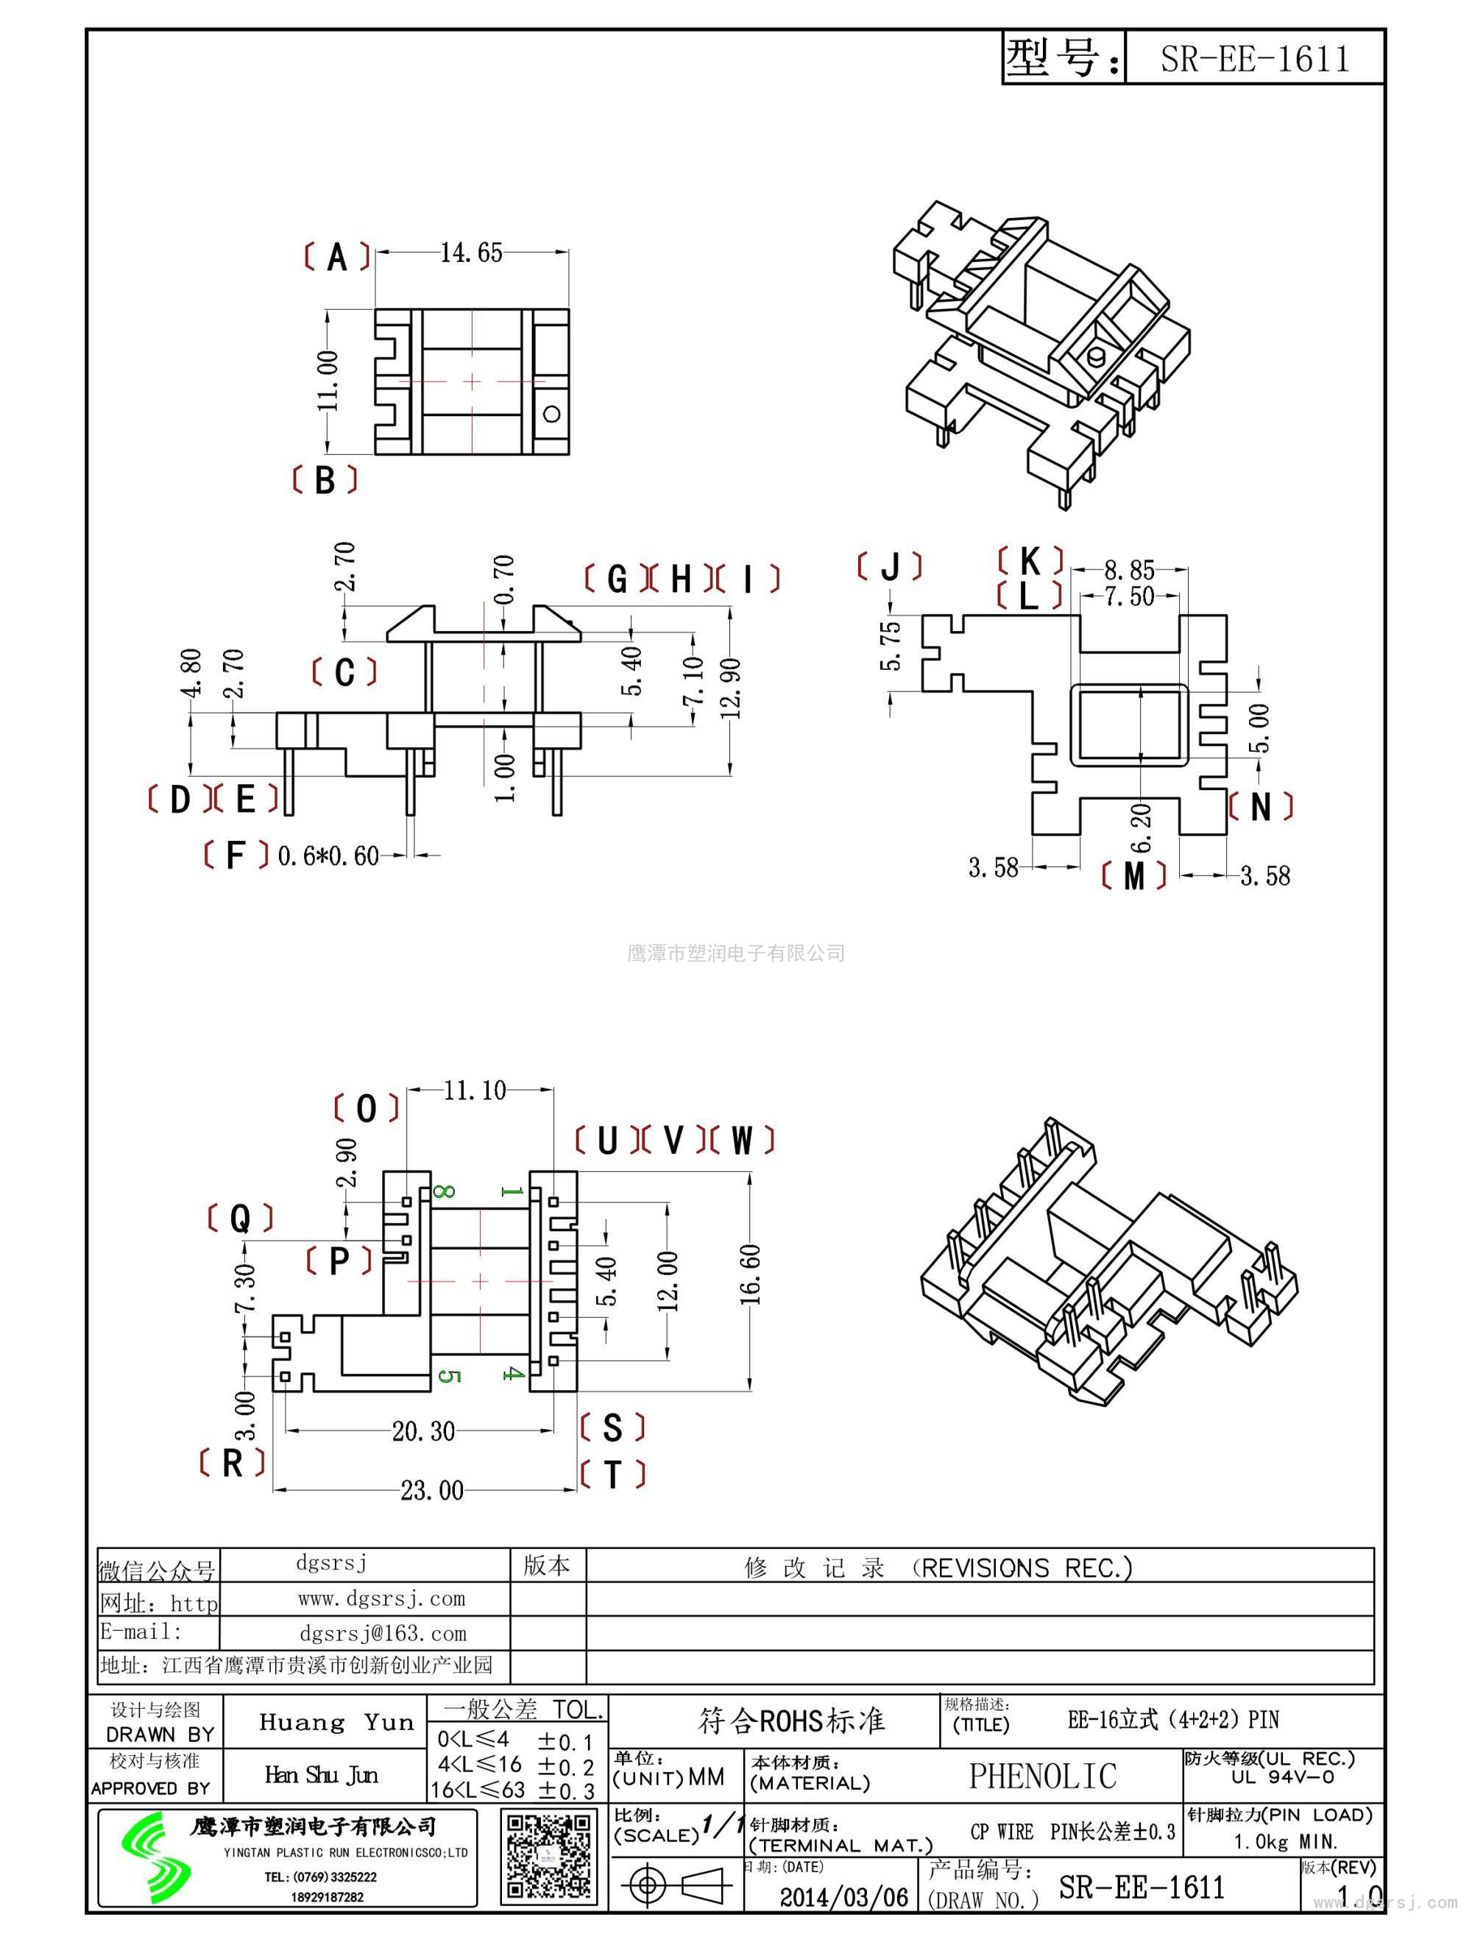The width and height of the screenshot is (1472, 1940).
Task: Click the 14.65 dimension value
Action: [x=471, y=253]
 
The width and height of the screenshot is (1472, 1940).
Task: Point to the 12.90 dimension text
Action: [x=733, y=688]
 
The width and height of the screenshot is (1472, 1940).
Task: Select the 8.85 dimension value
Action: [x=1129, y=570]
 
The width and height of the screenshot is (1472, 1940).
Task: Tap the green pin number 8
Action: [x=444, y=1191]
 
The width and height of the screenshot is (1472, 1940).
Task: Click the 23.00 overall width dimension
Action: [x=431, y=1490]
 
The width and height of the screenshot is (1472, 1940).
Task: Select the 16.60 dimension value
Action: [x=751, y=1274]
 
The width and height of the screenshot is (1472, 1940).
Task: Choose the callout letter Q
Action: [x=240, y=1218]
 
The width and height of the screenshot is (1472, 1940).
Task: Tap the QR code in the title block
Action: [x=549, y=1857]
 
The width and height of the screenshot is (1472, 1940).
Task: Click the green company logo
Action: [x=156, y=1857]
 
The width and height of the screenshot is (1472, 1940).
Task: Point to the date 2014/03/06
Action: [x=843, y=1897]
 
